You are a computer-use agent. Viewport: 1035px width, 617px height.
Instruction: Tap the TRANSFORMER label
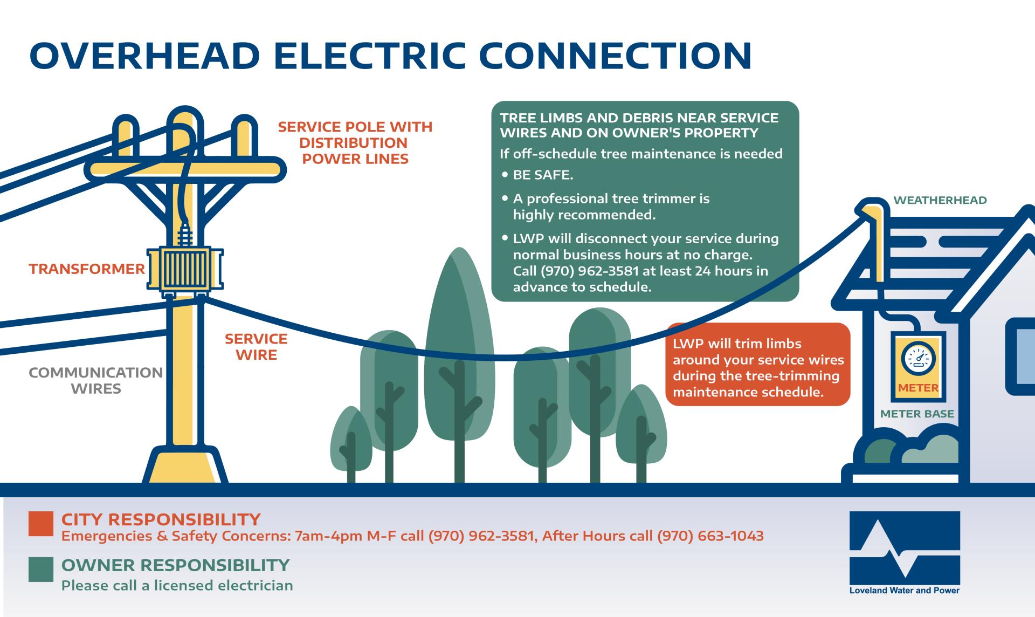coord(87,269)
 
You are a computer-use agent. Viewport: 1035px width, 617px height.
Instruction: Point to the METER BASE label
coord(917,414)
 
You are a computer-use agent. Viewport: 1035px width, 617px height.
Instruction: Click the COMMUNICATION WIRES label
coord(95,380)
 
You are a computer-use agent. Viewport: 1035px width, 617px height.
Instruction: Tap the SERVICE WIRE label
coord(256,347)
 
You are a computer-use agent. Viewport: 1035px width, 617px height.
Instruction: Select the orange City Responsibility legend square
coord(41,524)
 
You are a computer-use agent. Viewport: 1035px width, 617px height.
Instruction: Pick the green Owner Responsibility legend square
coord(41,570)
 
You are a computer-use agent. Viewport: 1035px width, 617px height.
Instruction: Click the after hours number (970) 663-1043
coord(710,536)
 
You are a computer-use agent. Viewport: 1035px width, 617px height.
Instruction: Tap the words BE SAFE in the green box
coord(543,175)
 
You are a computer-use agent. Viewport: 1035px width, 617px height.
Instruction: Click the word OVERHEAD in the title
coord(144,56)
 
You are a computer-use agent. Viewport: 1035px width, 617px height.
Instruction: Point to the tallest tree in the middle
coord(459,345)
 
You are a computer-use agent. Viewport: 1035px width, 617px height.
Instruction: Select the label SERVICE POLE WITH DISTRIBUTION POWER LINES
coord(355,143)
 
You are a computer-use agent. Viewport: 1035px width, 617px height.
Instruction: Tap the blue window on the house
coord(1024,356)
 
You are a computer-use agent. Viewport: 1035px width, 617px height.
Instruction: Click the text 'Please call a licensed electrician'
coord(177,586)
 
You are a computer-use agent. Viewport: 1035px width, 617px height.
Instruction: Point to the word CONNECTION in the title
coord(615,56)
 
